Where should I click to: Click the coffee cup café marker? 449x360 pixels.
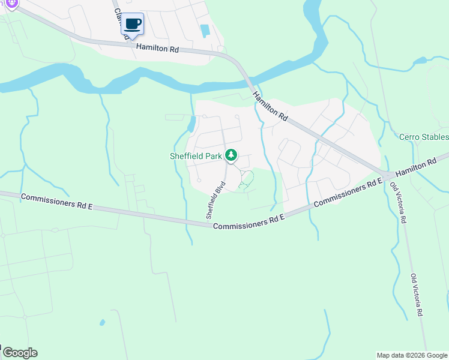(x=133, y=25)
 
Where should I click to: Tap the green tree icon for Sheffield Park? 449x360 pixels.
(x=231, y=156)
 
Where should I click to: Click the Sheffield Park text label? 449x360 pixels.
(x=195, y=156)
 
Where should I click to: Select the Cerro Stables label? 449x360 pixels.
(x=424, y=137)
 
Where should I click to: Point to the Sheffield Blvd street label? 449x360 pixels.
(x=214, y=203)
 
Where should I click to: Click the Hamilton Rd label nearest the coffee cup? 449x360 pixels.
(x=157, y=48)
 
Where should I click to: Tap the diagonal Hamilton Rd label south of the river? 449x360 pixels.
(x=270, y=107)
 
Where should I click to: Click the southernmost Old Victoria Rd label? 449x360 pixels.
(x=417, y=295)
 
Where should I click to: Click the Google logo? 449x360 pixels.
(x=19, y=353)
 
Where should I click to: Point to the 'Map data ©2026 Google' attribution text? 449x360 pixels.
(x=411, y=355)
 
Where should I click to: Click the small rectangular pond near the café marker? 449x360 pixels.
(x=205, y=30)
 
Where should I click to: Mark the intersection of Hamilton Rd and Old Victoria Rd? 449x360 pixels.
(x=388, y=175)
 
